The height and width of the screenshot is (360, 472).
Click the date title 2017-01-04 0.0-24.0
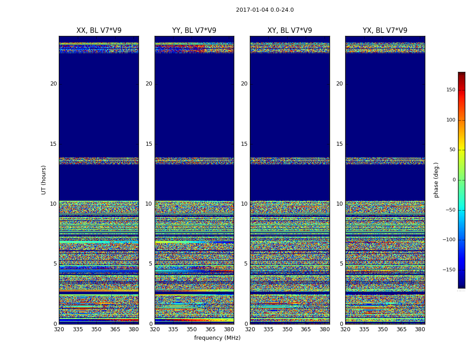coord(265,10)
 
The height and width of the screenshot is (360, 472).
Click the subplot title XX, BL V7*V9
coord(99,31)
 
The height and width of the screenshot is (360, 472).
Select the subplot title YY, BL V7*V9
coord(194,31)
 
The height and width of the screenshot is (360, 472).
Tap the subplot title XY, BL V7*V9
coord(289,31)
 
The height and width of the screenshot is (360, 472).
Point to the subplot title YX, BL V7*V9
coord(385,31)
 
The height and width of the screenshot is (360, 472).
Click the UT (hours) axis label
coord(44,180)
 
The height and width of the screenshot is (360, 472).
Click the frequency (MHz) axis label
coord(217,338)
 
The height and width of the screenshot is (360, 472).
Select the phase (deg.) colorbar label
coord(436,180)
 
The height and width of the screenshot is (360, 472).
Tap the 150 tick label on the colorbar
coord(450,90)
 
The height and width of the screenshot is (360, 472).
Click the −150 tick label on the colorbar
coord(449,270)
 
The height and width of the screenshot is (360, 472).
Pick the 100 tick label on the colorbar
coord(450,120)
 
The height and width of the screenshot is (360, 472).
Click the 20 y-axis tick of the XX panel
coord(53,84)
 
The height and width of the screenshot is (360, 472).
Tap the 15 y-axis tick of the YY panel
coord(149,144)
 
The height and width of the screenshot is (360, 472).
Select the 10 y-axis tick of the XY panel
coord(244,204)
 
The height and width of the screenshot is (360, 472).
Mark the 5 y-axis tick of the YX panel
coord(341,264)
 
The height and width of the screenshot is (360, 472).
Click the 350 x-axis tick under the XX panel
coord(96,329)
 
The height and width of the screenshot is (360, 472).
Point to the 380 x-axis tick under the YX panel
coord(420,329)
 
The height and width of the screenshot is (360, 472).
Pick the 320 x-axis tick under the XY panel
coord(250,329)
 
